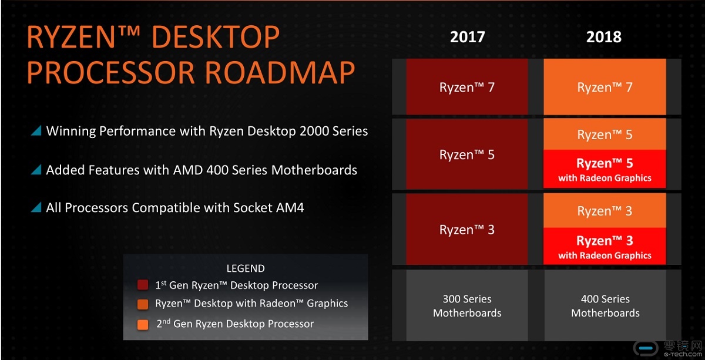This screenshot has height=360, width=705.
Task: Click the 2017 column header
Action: (x=468, y=37)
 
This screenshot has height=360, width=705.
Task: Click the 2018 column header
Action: (x=604, y=37)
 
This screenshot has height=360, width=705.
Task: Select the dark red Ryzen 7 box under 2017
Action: (x=466, y=86)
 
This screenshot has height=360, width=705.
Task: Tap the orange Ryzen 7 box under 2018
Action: (x=605, y=86)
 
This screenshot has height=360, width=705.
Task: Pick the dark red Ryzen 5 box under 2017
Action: (x=466, y=154)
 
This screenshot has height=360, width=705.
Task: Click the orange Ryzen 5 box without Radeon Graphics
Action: (x=605, y=134)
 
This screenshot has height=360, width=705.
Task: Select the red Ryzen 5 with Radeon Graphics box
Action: (x=605, y=169)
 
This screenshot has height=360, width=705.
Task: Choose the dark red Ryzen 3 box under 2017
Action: (x=466, y=229)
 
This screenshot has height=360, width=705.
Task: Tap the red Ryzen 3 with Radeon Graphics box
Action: (x=605, y=246)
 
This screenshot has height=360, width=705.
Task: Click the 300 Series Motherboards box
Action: (x=466, y=305)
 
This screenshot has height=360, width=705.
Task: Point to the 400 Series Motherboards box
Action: (x=605, y=305)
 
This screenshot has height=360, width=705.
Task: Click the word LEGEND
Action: (x=246, y=268)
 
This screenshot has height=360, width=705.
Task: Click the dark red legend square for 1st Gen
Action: (x=143, y=285)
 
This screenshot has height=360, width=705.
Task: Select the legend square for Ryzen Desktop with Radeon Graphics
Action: (x=143, y=304)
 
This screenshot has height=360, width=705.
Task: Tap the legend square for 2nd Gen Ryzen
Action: (x=143, y=324)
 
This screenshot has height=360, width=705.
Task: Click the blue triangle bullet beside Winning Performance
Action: (x=36, y=130)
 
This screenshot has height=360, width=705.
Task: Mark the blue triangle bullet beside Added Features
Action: (x=36, y=170)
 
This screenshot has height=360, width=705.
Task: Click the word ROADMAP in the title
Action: (x=280, y=72)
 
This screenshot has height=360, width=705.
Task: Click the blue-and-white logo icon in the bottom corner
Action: (x=646, y=349)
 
